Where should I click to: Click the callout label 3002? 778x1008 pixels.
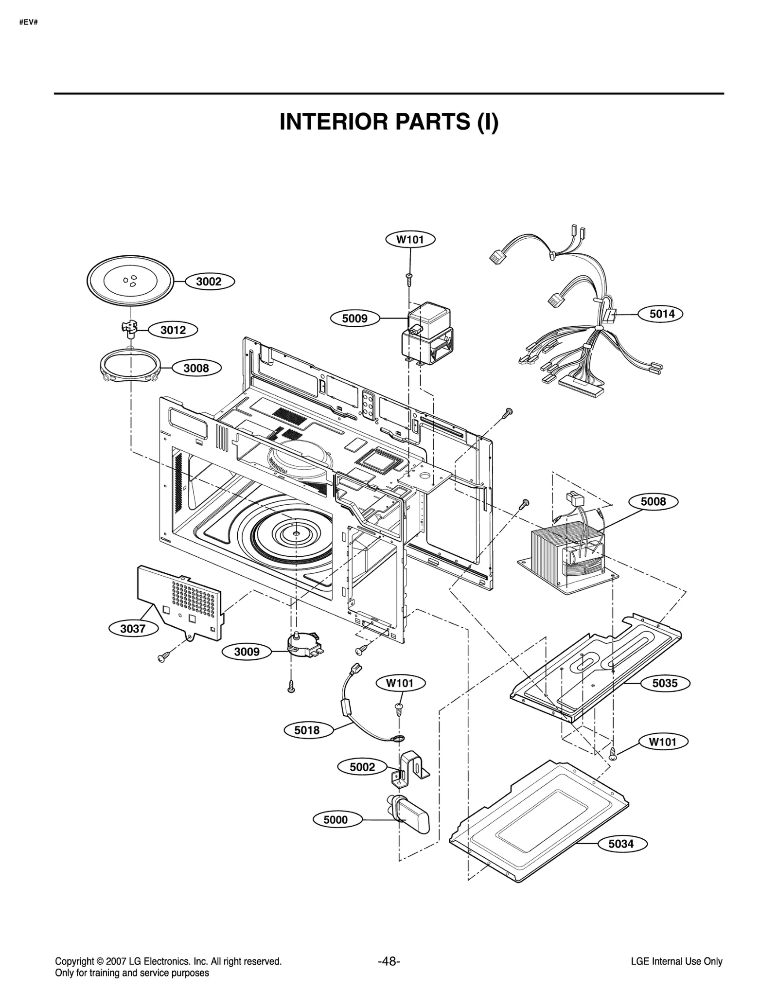209,282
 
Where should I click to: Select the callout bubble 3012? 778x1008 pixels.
173,330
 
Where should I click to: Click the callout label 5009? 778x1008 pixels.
354,318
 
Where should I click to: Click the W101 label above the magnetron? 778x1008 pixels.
410,239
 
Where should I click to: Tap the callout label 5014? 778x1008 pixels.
662,314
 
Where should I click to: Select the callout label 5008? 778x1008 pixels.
653,501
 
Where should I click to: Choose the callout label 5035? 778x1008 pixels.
664,683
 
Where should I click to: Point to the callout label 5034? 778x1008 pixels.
621,844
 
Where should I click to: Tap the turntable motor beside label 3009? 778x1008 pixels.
301,644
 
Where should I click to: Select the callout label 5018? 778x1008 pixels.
307,730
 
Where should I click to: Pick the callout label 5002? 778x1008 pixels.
362,767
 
